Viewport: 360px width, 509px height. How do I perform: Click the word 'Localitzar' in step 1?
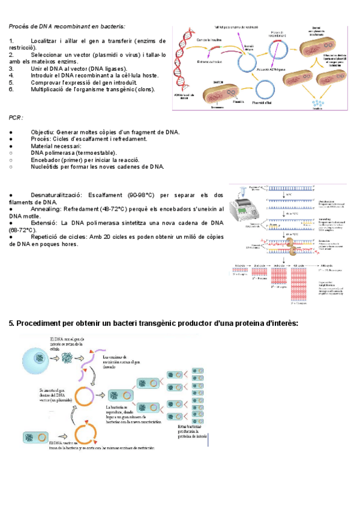(x=49, y=41)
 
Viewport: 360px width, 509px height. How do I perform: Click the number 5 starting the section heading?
(x=11, y=324)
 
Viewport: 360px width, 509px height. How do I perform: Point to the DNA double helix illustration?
(x=183, y=60)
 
